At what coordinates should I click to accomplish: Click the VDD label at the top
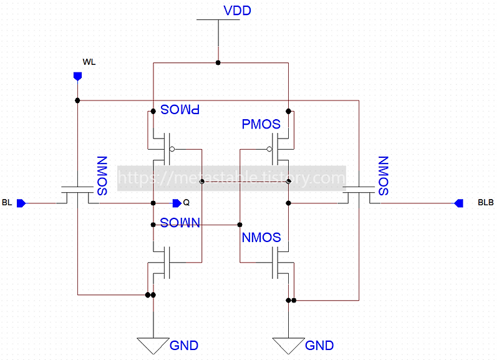click(237, 11)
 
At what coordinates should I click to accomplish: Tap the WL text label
click(89, 61)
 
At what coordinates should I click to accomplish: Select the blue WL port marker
click(77, 76)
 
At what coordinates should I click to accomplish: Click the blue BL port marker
click(21, 203)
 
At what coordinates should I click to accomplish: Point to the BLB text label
click(485, 203)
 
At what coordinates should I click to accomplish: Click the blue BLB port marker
click(458, 203)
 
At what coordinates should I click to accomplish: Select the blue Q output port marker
click(177, 203)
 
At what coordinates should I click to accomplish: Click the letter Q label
click(187, 203)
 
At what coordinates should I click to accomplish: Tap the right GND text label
click(319, 345)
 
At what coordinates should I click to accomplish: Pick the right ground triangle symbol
click(288, 344)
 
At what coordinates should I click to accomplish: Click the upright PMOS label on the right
click(261, 124)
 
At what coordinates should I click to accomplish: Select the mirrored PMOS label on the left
click(180, 110)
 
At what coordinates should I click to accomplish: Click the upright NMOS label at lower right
click(261, 238)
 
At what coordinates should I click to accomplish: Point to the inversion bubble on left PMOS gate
click(172, 149)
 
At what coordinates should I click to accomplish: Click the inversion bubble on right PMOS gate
click(269, 149)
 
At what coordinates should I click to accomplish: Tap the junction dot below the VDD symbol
click(218, 62)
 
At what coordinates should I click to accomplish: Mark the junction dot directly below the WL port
click(77, 100)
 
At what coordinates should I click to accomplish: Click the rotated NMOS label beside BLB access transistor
click(383, 176)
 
